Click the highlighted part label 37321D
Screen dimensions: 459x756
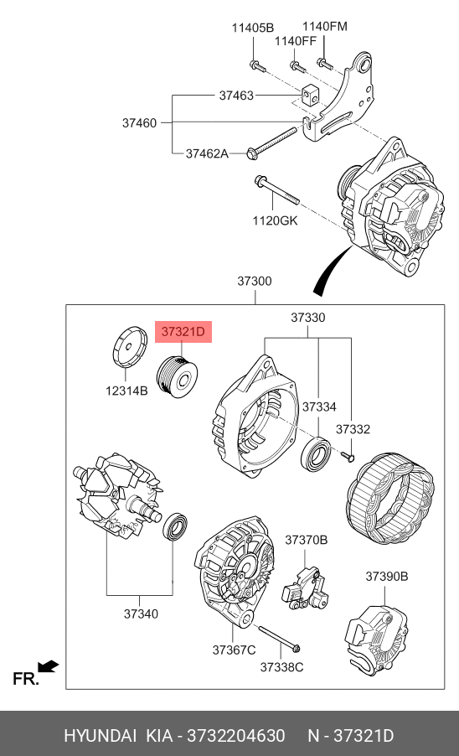pos(183,332)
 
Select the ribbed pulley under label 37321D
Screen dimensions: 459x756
pos(178,376)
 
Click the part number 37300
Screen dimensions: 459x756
pos(255,281)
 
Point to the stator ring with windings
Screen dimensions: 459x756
pos(390,498)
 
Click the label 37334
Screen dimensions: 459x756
pos(319,407)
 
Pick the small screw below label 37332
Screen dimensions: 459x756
pos(348,456)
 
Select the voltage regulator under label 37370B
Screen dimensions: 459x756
pos(306,588)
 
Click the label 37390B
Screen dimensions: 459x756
pos(387,576)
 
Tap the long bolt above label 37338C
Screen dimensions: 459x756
pos(280,639)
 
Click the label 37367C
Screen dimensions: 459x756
pos(234,650)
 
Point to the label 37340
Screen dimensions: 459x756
pos(141,614)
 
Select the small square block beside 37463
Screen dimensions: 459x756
pos(310,96)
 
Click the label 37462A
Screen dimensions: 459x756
pos(207,153)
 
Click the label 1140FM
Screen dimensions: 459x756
pos(325,26)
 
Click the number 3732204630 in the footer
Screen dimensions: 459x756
pos(236,736)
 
